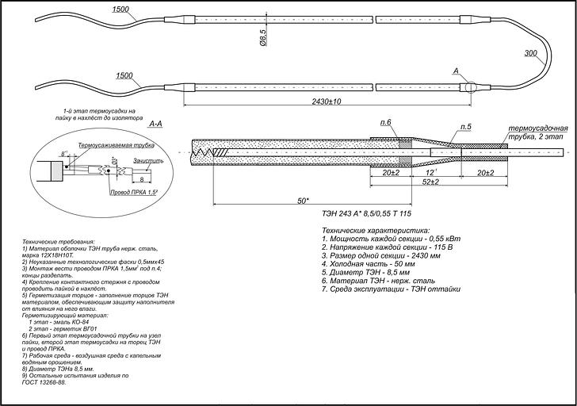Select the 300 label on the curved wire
(x=531, y=54)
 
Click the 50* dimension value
(x=304, y=201)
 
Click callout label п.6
(x=386, y=122)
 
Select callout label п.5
(x=465, y=127)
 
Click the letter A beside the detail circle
(x=456, y=71)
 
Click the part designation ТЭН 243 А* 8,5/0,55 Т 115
(x=367, y=215)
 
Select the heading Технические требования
(x=59, y=237)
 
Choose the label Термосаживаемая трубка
(x=117, y=147)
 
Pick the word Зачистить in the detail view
(x=148, y=160)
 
